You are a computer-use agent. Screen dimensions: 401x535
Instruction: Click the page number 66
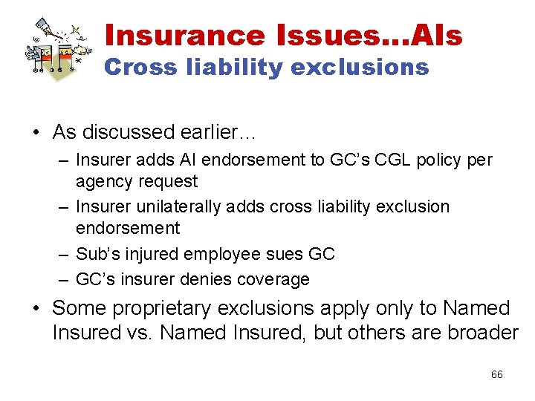pyautogui.click(x=497, y=374)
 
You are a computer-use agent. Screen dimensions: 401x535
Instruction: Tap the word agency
pyautogui.click(x=103, y=181)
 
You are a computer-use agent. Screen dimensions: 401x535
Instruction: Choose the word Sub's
pyautogui.click(x=95, y=254)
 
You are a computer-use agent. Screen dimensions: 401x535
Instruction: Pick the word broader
pyautogui.click(x=482, y=333)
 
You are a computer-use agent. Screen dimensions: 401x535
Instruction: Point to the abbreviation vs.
pyautogui.click(x=139, y=333)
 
